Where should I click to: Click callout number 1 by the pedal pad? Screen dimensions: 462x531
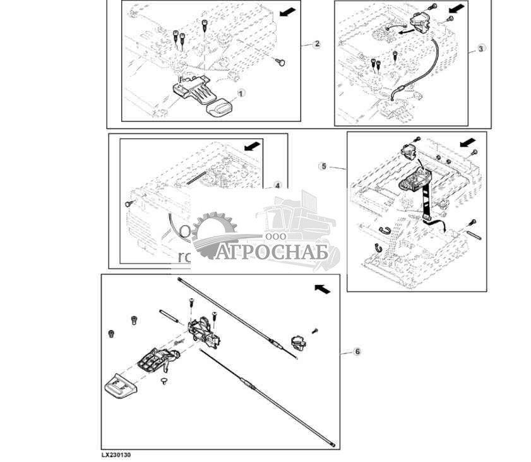pyautogui.click(x=240, y=92)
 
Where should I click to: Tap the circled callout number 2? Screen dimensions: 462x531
pyautogui.click(x=317, y=44)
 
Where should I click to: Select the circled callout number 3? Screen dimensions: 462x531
pyautogui.click(x=482, y=49)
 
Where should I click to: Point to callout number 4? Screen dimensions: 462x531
pyautogui.click(x=277, y=186)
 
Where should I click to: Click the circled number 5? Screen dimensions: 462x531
pyautogui.click(x=324, y=167)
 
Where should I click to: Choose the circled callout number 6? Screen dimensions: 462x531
pyautogui.click(x=357, y=351)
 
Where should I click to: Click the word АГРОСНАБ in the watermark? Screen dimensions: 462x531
pyautogui.click(x=273, y=252)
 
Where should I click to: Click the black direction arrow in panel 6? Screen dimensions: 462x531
pyautogui.click(x=322, y=288)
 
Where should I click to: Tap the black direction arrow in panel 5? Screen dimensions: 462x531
pyautogui.click(x=468, y=143)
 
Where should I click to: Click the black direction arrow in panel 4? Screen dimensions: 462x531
pyautogui.click(x=252, y=147)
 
